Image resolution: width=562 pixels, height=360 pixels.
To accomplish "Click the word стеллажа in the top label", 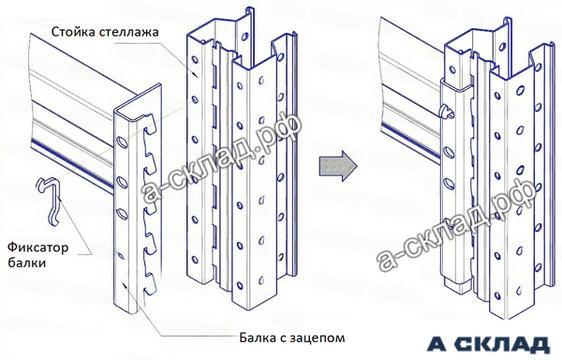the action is coord(128,32).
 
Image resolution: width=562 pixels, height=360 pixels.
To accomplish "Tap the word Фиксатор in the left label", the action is coord(38,247).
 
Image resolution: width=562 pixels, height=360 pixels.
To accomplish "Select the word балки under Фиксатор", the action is coord(27,262).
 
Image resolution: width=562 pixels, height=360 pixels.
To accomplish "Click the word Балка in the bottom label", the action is coord(257,337).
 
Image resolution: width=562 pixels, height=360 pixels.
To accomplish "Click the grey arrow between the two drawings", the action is coord(338,166).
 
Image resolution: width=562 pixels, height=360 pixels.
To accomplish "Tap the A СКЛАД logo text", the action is coord(488,345).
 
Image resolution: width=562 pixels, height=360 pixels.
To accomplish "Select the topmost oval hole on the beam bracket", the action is coord(122,142).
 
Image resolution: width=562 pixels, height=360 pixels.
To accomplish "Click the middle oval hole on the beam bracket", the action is coord(122,183).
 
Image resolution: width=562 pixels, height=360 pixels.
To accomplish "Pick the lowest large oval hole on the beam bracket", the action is coord(122,214).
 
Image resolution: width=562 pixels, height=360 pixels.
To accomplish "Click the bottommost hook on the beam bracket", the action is coord(150,283).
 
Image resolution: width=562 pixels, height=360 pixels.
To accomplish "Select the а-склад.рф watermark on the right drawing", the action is coord(458,223).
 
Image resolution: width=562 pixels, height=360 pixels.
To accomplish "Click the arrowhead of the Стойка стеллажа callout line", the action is coord(195,74).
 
